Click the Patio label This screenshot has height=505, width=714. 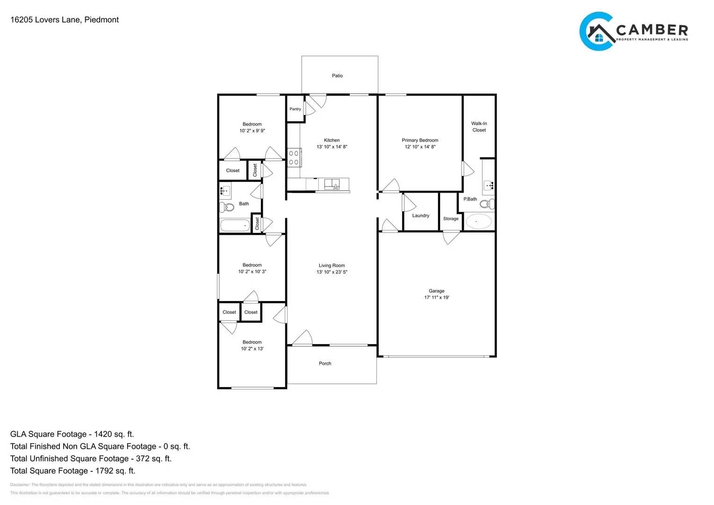[337, 76]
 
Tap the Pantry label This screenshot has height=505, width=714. [295, 109]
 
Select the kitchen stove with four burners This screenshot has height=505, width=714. [294, 158]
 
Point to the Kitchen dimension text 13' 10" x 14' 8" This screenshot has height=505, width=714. [332, 147]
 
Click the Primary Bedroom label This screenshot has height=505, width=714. [420, 140]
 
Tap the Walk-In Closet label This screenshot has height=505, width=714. [479, 127]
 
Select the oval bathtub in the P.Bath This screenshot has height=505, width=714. [478, 222]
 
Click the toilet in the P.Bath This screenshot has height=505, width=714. [487, 203]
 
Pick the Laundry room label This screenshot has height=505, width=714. [420, 216]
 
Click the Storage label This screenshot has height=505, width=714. [451, 219]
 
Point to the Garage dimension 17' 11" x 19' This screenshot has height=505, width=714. [436, 297]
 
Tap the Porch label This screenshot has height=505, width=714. [325, 363]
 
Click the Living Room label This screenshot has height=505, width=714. [332, 266]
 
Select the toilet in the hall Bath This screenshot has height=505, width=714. [228, 207]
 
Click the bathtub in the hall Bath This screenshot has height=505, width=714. [235, 225]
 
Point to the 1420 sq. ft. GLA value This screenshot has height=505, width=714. [114, 434]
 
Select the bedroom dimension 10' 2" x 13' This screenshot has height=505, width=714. [252, 349]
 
